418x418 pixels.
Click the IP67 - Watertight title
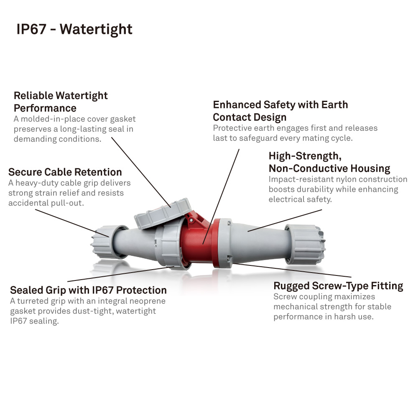point(74,29)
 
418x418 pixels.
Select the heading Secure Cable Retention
point(65,172)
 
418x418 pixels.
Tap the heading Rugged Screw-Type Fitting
point(338,286)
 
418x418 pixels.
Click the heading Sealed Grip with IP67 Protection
point(88,290)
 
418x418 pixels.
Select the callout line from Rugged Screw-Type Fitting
point(293,270)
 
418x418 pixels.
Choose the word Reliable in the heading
point(33,96)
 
